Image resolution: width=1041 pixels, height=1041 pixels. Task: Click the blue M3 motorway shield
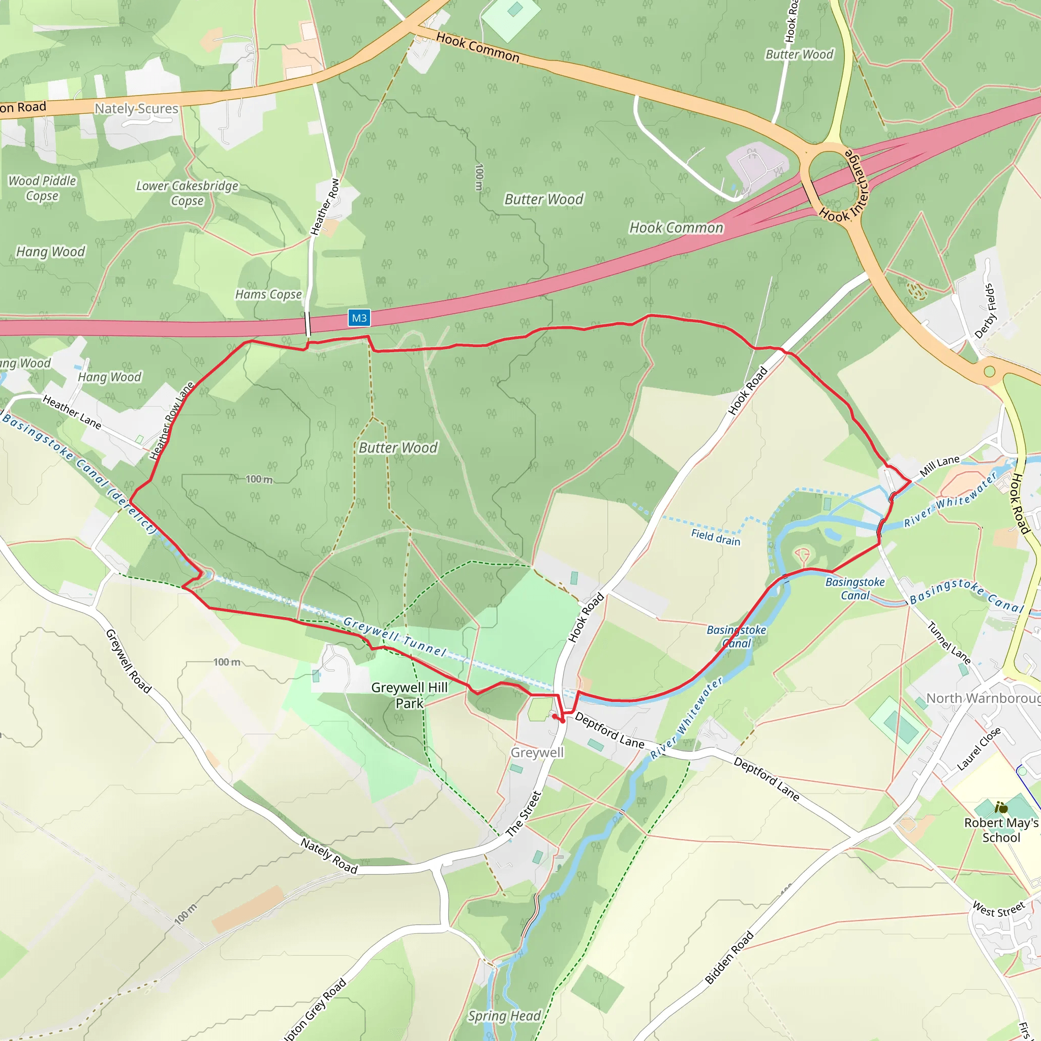(359, 318)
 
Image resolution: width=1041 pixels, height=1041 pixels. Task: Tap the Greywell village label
(537, 752)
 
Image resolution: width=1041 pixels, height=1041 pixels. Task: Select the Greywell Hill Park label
(409, 695)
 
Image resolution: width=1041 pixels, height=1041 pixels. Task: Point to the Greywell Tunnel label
(395, 637)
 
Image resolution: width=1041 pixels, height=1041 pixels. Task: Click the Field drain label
(716, 537)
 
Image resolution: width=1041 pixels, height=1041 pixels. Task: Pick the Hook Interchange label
(844, 187)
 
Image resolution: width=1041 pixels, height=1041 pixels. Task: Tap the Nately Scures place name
(136, 108)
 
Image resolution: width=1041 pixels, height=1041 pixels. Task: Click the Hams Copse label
(268, 294)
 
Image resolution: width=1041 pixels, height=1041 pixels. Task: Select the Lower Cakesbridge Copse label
(187, 193)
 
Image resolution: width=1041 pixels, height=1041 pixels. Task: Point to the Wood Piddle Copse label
(42, 188)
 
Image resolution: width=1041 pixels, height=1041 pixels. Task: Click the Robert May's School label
(1000, 830)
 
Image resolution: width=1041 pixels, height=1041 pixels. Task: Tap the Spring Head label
(504, 1016)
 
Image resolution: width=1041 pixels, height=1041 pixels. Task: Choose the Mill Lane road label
(939, 466)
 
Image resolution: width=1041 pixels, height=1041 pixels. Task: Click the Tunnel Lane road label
(949, 643)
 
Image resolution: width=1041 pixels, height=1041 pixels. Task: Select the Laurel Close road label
(978, 748)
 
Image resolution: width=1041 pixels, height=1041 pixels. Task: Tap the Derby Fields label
(986, 311)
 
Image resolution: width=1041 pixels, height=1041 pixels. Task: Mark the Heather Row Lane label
(171, 421)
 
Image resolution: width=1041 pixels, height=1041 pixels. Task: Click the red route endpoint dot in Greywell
(555, 717)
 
